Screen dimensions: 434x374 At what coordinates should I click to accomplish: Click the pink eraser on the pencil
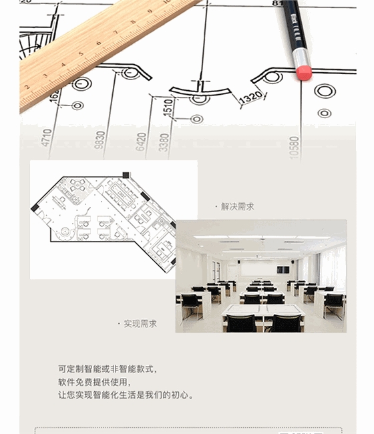click(x=304, y=71)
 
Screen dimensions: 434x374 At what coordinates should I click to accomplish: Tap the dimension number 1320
click(x=250, y=98)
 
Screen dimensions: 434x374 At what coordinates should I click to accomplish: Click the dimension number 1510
click(x=168, y=107)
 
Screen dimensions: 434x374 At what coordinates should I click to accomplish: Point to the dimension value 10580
click(x=294, y=146)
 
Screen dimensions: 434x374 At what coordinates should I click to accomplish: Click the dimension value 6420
click(x=141, y=142)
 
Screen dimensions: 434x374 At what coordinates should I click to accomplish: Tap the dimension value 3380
click(x=164, y=143)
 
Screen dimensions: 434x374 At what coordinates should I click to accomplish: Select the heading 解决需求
click(x=237, y=207)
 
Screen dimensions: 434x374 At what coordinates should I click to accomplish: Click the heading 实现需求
click(x=140, y=324)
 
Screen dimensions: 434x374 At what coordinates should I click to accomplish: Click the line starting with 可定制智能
click(x=108, y=369)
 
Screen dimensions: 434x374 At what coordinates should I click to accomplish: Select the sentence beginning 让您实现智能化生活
click(x=126, y=395)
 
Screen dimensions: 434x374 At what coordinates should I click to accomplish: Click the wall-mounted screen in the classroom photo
click(x=283, y=270)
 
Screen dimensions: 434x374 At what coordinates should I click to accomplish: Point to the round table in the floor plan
click(x=66, y=232)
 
